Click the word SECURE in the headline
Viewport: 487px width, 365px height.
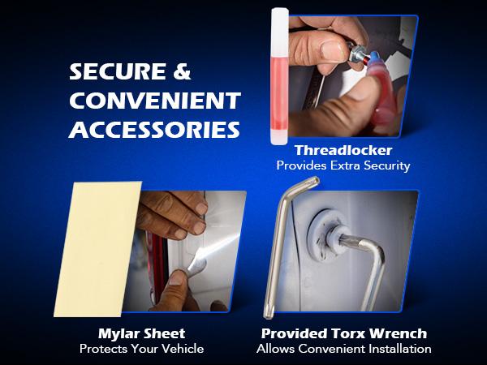(118, 71)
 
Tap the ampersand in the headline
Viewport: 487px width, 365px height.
(182, 71)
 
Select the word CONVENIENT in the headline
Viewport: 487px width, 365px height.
(155, 101)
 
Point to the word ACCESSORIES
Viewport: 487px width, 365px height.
(154, 130)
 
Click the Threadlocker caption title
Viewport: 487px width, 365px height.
(343, 151)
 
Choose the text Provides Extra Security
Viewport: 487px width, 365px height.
(343, 165)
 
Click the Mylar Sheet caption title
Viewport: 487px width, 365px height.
(141, 334)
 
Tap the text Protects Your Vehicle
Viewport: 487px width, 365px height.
(141, 349)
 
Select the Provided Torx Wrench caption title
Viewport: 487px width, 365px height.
(344, 333)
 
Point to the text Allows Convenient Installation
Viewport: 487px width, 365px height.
(344, 349)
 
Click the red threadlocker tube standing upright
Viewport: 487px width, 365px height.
(280, 76)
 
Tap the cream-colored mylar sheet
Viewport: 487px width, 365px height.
(98, 249)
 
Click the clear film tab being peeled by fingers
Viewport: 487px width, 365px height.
(196, 267)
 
